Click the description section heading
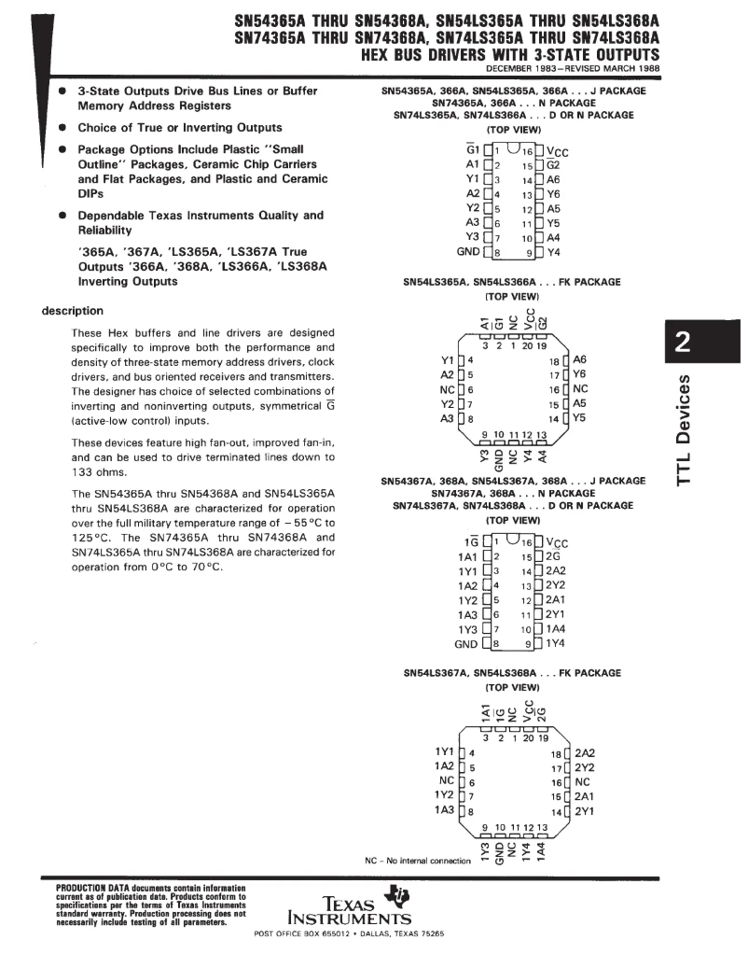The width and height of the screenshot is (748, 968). click(x=74, y=311)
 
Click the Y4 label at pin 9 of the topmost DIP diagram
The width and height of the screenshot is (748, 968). click(x=553, y=251)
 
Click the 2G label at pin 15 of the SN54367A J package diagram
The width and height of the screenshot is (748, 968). click(x=553, y=556)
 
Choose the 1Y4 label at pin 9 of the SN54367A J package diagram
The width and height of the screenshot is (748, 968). click(x=556, y=643)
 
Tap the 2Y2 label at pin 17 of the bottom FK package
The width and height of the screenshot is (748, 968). click(x=585, y=767)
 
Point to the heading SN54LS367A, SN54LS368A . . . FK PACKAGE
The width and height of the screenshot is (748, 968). click(x=511, y=673)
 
